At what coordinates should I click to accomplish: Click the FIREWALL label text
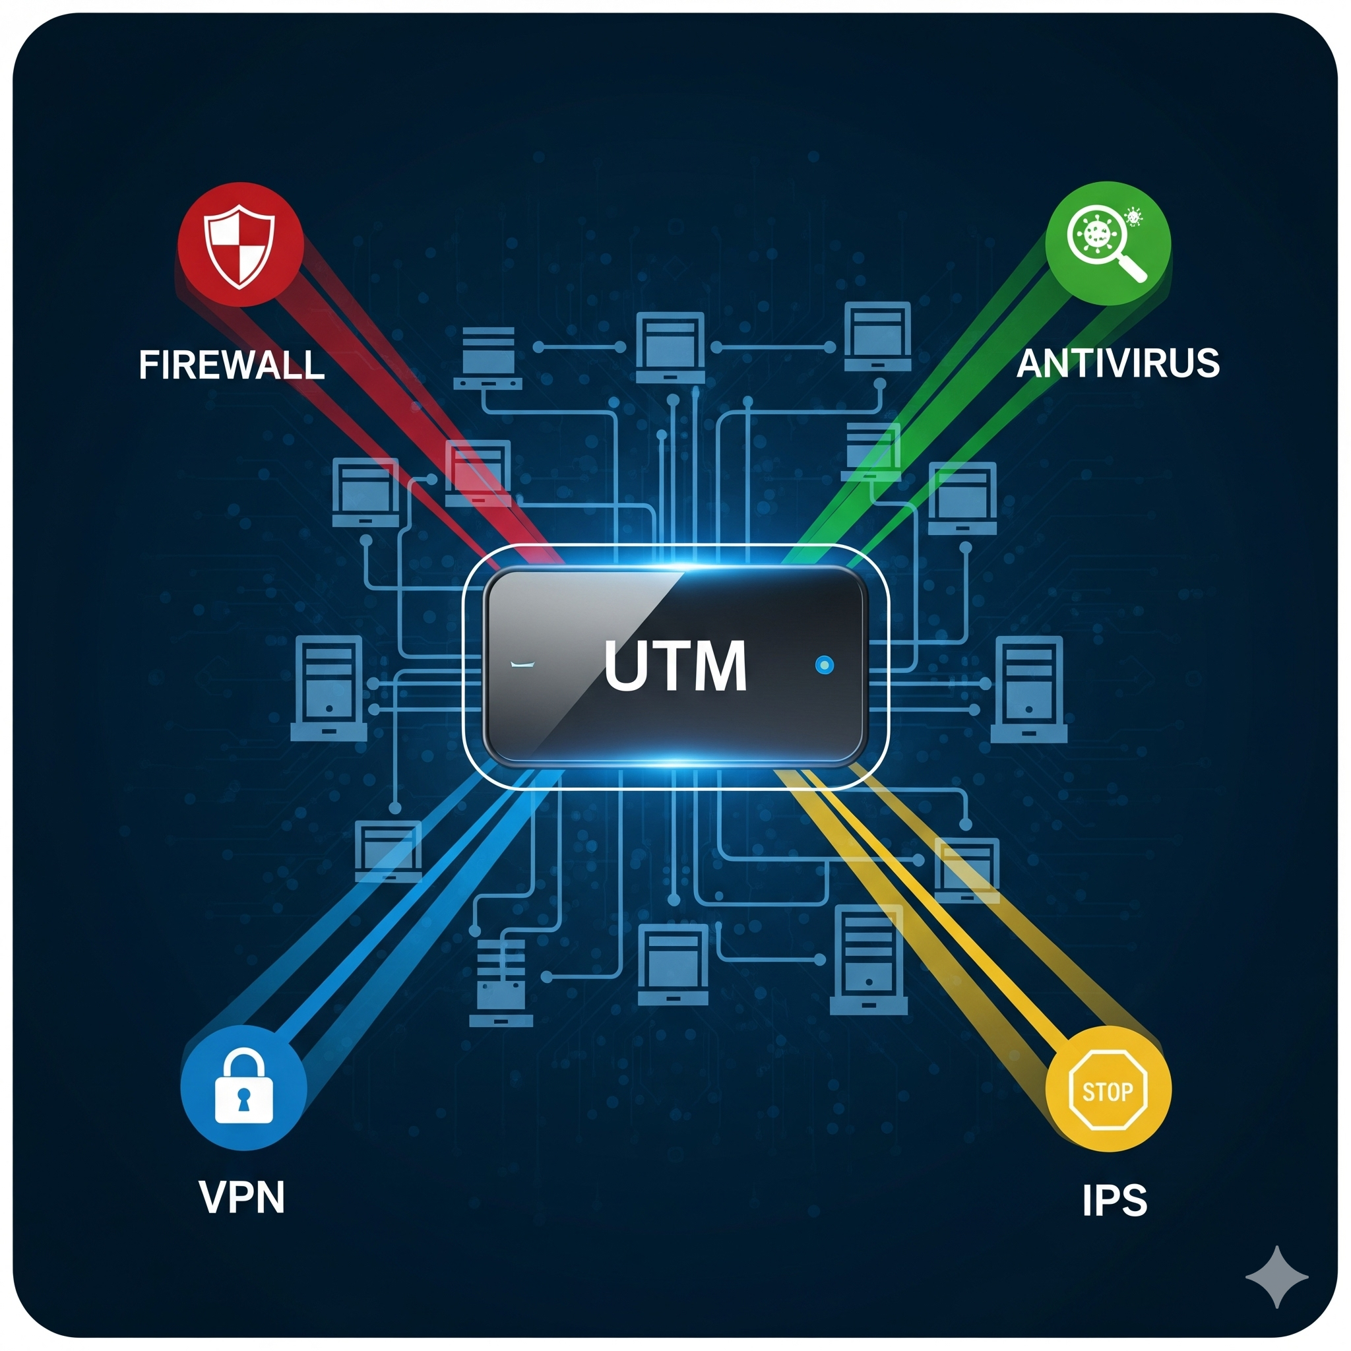[x=232, y=364]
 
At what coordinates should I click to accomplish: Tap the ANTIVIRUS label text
[x=1117, y=363]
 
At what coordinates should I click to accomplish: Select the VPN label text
[x=242, y=1197]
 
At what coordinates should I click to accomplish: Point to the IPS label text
[x=1115, y=1201]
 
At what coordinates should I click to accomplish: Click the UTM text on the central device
[x=675, y=666]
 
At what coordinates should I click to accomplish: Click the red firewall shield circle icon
[x=239, y=245]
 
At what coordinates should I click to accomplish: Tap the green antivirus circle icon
[x=1108, y=243]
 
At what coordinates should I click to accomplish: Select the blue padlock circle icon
[x=243, y=1087]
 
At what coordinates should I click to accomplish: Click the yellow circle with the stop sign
[x=1108, y=1088]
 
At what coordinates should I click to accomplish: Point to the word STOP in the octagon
[x=1108, y=1091]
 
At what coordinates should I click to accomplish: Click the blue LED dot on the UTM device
[x=825, y=664]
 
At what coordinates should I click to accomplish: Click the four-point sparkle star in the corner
[x=1277, y=1277]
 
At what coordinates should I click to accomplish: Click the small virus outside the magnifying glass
[x=1133, y=218]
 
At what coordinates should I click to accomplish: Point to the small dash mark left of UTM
[x=522, y=664]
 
